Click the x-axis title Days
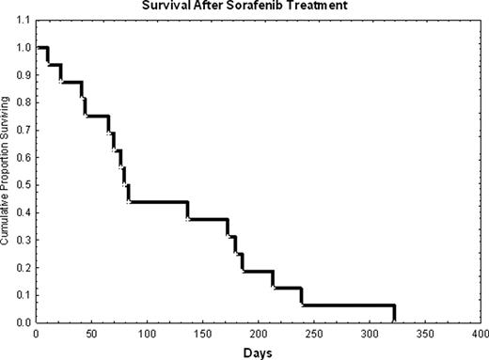[x=259, y=352]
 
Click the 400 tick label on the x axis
[x=481, y=334]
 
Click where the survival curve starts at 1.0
[x=40, y=47]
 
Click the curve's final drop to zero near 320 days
[x=394, y=314]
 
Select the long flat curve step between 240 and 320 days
[x=348, y=305]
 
